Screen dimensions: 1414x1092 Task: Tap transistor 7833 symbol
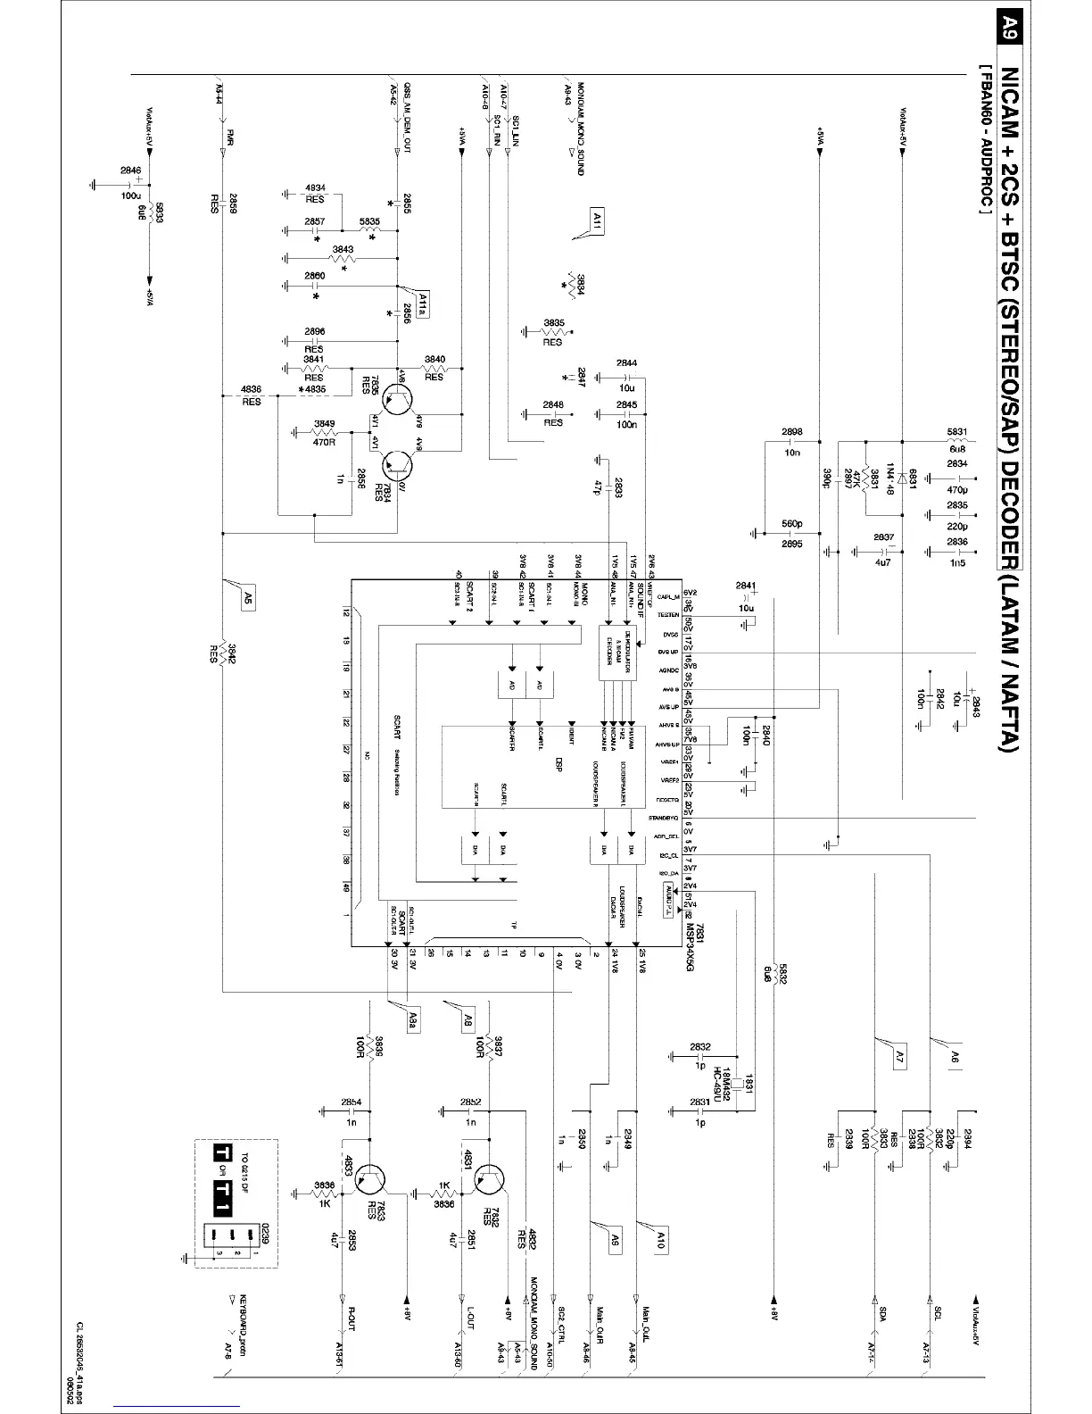coord(366,1180)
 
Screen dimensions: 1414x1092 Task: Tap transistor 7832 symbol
coord(483,1180)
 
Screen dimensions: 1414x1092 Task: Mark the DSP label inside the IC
coord(559,765)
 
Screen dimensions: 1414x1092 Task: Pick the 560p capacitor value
coord(791,524)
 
